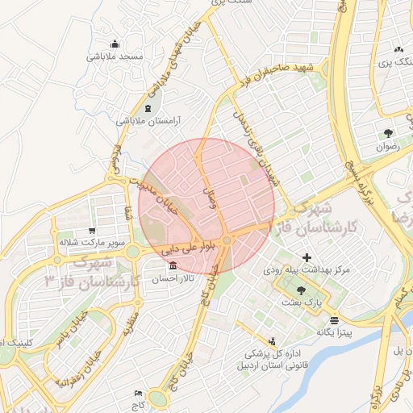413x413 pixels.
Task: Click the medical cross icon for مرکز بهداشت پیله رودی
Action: click(x=307, y=257)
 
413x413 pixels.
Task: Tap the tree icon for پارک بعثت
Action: click(x=302, y=290)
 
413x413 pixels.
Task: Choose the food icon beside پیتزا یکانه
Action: click(x=311, y=319)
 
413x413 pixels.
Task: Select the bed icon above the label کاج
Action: click(x=139, y=393)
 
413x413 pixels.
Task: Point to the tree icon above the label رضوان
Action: click(x=389, y=134)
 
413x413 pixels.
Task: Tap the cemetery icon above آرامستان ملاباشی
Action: click(x=148, y=108)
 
